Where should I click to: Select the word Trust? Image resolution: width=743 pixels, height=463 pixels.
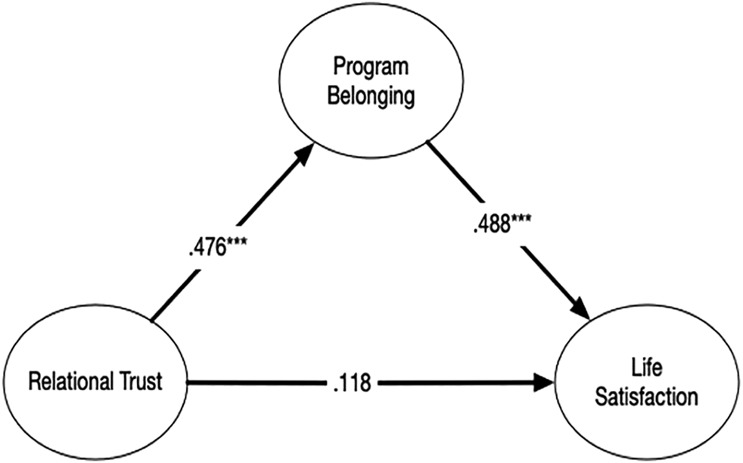[x=138, y=382]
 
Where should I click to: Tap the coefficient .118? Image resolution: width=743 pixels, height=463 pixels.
[x=351, y=383]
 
